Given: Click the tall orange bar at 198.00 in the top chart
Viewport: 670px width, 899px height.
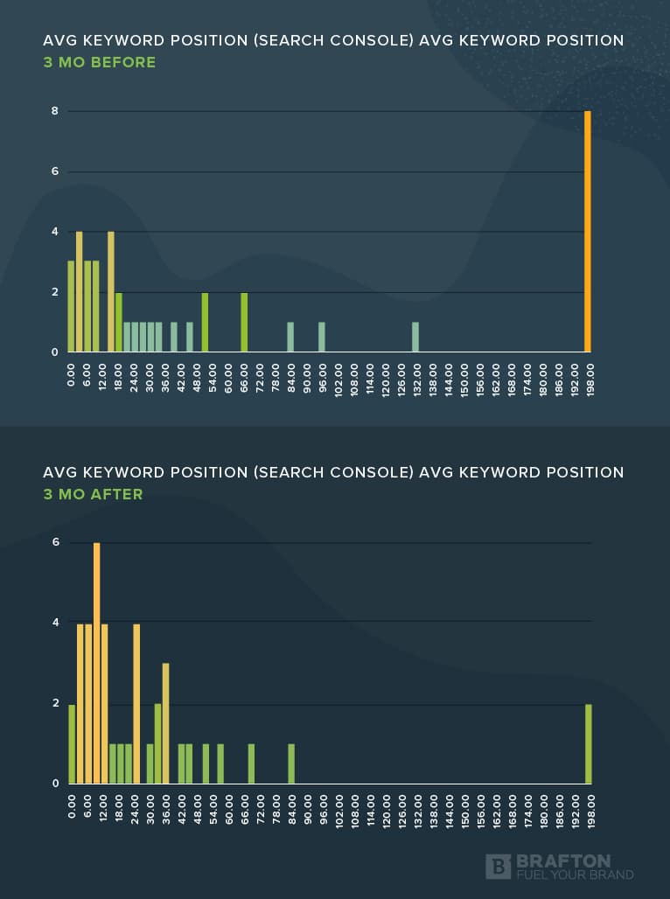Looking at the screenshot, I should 588,232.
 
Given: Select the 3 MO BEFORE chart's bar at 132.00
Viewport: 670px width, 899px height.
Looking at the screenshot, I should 415,338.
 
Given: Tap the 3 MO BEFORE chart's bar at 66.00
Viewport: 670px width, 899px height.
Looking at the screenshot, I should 244,322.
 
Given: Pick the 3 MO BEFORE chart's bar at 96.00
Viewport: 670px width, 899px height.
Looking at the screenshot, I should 322,338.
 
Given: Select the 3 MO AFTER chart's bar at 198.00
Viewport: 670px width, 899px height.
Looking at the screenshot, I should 588,743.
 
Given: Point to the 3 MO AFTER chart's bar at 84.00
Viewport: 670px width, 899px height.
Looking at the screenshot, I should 291,763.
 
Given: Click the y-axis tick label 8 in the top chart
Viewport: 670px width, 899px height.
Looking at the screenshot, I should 54,111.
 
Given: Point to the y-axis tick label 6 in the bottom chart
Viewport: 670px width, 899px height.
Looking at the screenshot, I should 55,542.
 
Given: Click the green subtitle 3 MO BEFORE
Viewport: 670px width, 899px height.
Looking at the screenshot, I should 100,62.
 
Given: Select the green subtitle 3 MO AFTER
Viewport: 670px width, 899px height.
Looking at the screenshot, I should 93,494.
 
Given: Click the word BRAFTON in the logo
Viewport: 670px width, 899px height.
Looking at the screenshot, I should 563,861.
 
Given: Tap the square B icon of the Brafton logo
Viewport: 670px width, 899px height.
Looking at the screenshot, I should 498,867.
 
